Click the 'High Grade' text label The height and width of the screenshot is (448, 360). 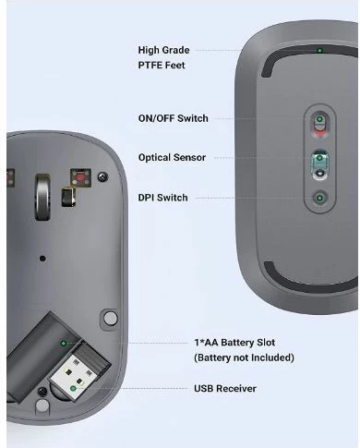pos(163,50)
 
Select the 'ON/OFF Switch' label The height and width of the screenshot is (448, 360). pos(173,118)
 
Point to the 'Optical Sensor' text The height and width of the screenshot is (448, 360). pos(172,158)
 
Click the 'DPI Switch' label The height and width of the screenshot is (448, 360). pos(162,198)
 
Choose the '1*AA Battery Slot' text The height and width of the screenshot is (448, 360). pos(234,343)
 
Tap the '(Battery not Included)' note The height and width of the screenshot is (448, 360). pos(244,357)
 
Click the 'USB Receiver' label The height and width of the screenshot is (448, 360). pos(225,389)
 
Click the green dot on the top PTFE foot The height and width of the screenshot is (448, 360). pos(319,51)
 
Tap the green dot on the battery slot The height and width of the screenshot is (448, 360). pos(63,343)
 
